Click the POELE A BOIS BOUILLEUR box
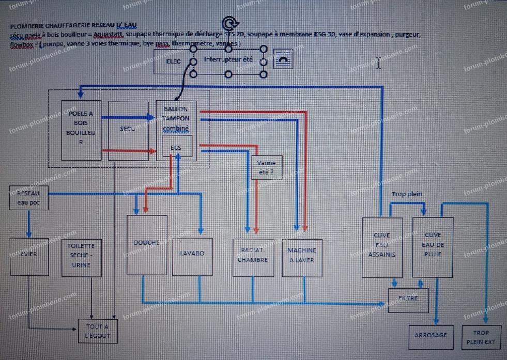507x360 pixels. [81, 130]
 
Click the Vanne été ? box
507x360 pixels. [267, 167]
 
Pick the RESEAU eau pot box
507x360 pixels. [28, 197]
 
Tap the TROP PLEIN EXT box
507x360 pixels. [481, 337]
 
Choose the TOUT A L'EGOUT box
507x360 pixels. [98, 331]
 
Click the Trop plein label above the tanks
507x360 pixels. [407, 194]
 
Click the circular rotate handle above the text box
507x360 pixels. [229, 24]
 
